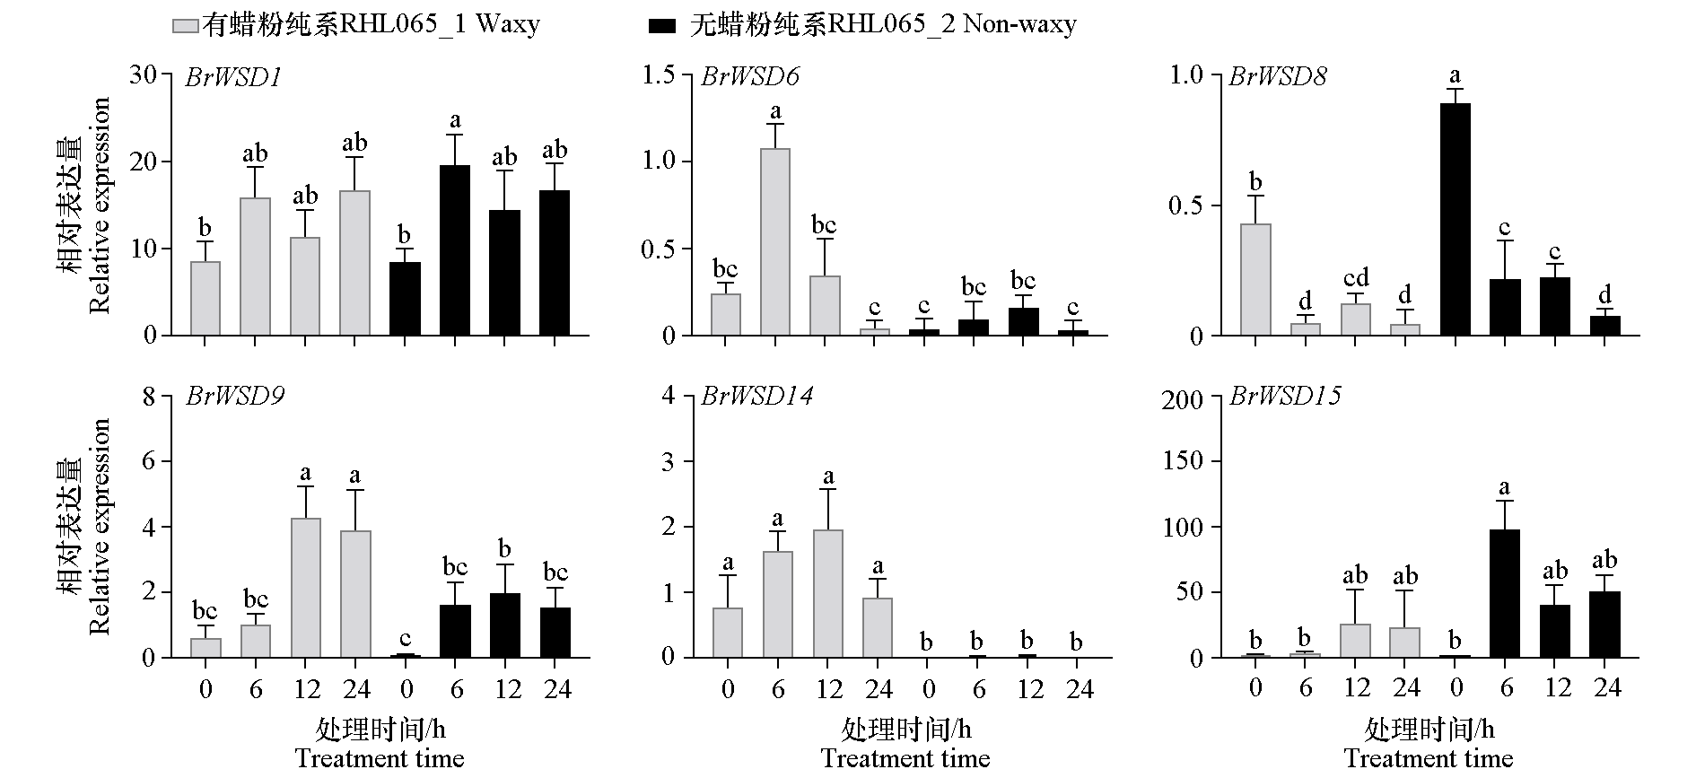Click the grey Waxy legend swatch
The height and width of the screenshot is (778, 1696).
point(185,25)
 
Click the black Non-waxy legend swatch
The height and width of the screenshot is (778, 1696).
point(661,25)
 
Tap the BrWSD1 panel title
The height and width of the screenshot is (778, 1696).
point(234,77)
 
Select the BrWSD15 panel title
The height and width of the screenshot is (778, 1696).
point(1284,397)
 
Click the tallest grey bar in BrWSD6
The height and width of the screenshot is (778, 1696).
point(776,242)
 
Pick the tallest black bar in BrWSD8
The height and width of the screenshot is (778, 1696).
point(1456,220)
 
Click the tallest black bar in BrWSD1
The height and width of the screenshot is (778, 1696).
point(455,250)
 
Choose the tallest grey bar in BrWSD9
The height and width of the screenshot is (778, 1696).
point(306,588)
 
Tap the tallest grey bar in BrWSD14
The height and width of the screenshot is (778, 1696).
point(828,594)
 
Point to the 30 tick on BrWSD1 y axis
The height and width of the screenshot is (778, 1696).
point(143,74)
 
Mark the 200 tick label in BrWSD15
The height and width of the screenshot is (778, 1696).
point(1181,398)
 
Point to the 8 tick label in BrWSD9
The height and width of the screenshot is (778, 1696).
point(149,397)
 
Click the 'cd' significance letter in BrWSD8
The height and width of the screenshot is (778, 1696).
point(1356,278)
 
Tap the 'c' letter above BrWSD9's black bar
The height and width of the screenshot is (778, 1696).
point(406,638)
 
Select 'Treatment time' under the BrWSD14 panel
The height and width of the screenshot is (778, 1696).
point(905,759)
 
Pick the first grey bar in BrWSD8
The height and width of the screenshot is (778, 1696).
point(1255,280)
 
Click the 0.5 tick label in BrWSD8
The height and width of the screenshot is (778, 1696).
point(1185,205)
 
